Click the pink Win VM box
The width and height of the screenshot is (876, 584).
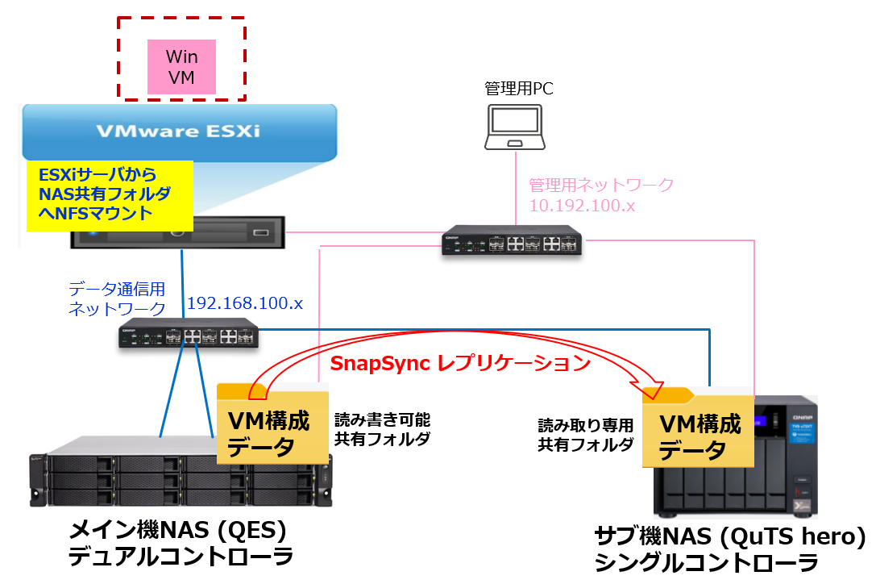pos(181,68)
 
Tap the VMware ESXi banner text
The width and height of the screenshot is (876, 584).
pos(178,131)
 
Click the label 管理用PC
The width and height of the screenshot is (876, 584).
pos(518,88)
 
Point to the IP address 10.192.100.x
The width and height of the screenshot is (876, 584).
pos(582,206)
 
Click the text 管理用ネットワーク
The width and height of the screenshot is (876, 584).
pos(600,186)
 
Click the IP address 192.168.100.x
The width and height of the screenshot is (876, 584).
pos(245,303)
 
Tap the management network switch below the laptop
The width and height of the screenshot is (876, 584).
pos(513,244)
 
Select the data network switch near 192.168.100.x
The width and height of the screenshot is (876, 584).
pos(189,334)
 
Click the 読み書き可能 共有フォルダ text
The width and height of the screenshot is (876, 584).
pos(383,429)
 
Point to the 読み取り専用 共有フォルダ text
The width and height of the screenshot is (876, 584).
pos(586,434)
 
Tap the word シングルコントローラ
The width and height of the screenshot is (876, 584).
pos(706,562)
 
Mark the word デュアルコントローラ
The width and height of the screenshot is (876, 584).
pos(180,557)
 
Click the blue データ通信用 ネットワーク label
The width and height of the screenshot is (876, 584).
pos(118,298)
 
